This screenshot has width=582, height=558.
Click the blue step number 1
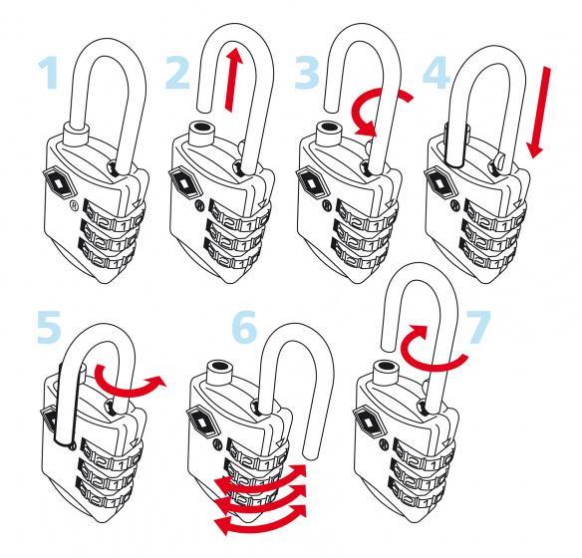[49, 73]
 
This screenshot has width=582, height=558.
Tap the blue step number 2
[177, 73]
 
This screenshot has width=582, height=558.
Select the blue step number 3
[307, 73]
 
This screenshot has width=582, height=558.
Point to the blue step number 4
[436, 73]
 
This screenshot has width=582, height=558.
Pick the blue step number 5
[49, 327]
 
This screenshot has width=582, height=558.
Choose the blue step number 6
[244, 327]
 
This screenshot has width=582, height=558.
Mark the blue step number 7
[478, 327]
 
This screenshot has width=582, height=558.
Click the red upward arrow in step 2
[233, 80]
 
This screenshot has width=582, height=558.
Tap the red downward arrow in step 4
[539, 113]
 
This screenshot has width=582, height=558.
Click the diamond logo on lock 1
[60, 182]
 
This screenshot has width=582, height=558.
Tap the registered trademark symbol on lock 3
[327, 205]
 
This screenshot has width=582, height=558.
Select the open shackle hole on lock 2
[201, 127]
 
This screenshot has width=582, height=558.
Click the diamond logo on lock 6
[201, 421]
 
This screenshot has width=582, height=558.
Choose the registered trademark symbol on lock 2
[199, 205]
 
